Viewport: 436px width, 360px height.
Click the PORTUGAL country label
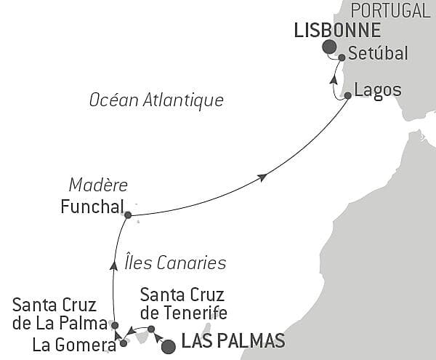coord(389,10)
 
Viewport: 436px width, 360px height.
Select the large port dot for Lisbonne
coord(329,47)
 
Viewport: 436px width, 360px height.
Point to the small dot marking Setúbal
coord(342,57)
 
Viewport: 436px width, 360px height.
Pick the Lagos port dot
coord(347,95)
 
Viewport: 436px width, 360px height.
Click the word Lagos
coord(376,91)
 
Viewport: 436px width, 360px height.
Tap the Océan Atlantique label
coord(156,100)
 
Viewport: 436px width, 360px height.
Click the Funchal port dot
coord(128,215)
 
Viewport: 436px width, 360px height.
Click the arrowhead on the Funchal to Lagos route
coord(262,177)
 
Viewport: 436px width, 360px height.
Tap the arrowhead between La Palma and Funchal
coord(113,265)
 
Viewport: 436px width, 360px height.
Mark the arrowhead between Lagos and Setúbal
coord(334,80)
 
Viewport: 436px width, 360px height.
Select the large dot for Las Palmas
coord(168,346)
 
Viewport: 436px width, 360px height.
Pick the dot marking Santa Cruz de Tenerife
coord(151,329)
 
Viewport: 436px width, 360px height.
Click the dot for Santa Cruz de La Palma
coord(115,324)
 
